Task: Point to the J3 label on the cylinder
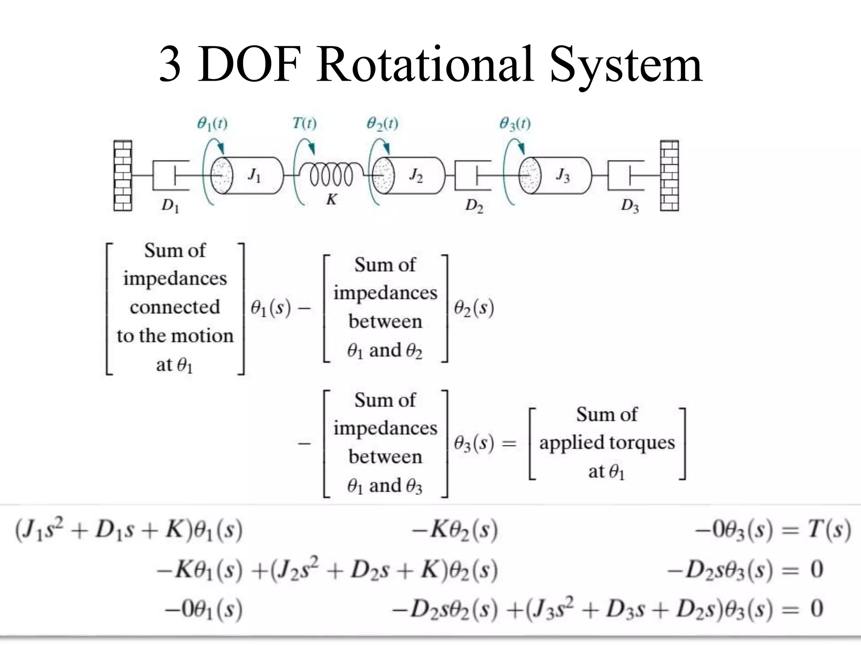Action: (x=563, y=175)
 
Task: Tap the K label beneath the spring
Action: (x=332, y=199)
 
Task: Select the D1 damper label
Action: (x=170, y=205)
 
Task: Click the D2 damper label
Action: (x=474, y=205)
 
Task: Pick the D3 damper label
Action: (x=630, y=205)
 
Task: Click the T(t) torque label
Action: (x=305, y=123)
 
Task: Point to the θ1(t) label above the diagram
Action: (x=212, y=124)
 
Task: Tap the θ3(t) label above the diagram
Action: (x=515, y=124)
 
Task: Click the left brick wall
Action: (x=123, y=176)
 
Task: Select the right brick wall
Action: (x=669, y=176)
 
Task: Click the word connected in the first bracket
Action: (x=175, y=307)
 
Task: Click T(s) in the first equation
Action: (x=829, y=530)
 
